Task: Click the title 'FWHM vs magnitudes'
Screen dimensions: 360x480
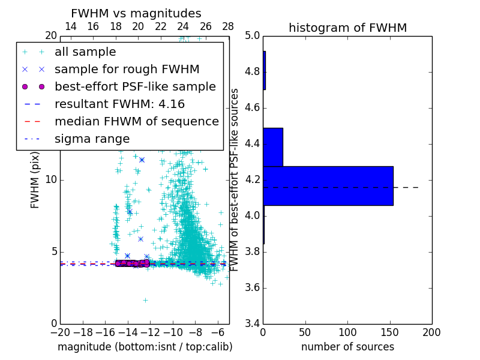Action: point(136,13)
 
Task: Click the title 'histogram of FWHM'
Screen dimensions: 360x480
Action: point(347,28)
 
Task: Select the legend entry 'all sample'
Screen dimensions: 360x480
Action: point(85,52)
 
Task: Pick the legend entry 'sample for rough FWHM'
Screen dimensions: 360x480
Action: point(127,69)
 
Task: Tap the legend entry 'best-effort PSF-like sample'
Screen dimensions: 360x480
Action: point(135,86)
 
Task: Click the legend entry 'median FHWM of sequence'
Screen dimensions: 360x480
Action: point(136,121)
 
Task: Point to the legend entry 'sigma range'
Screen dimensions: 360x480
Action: point(92,139)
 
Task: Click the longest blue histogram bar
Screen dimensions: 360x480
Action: point(328,185)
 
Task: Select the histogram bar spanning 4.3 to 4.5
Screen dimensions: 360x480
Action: point(272,147)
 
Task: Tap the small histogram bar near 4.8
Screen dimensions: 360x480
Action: point(264,71)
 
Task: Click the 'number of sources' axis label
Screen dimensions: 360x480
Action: point(347,347)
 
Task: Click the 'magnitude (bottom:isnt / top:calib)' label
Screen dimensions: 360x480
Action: point(145,347)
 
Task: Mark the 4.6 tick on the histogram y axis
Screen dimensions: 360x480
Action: point(251,108)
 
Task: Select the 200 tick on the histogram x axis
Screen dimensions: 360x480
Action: point(431,332)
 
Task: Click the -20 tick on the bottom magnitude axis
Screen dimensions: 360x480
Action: point(60,332)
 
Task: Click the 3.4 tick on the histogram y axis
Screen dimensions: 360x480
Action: point(251,323)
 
